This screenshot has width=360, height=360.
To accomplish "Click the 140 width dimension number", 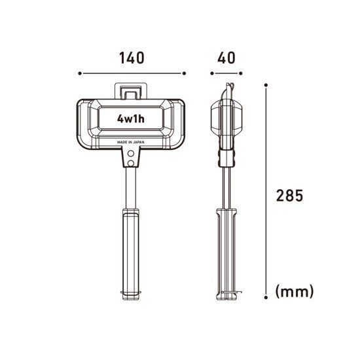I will [132, 58].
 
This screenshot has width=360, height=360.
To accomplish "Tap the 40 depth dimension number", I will [226, 58].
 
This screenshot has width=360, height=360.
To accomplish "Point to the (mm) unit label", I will [295, 291].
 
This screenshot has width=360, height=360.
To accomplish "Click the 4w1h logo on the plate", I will [132, 119].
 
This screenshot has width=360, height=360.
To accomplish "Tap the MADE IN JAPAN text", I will [132, 141].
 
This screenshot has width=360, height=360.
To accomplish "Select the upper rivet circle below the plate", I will [132, 153].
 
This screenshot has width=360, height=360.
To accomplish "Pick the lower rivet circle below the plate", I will [132, 162].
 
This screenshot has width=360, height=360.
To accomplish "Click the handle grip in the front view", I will [132, 252].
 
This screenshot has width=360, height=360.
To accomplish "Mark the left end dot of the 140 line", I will [79, 74].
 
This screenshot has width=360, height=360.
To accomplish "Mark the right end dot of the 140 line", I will [185, 74].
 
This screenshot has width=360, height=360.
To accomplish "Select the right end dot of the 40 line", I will [241, 74].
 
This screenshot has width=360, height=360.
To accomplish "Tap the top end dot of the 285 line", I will [267, 84].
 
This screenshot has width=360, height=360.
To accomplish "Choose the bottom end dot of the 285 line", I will [267, 298].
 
